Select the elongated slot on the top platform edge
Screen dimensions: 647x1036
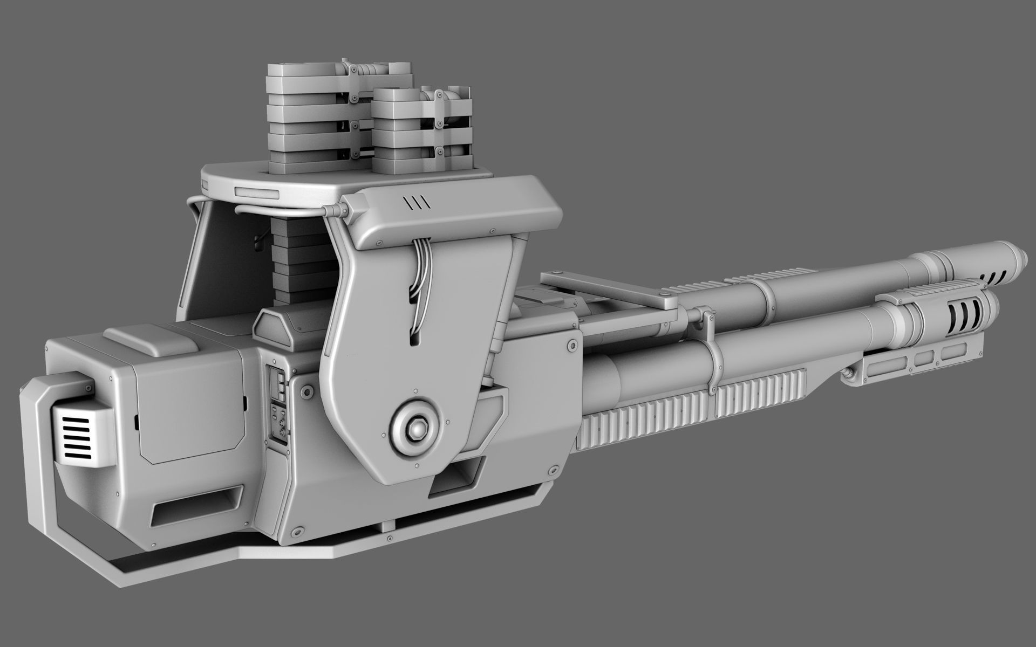(257, 192)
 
